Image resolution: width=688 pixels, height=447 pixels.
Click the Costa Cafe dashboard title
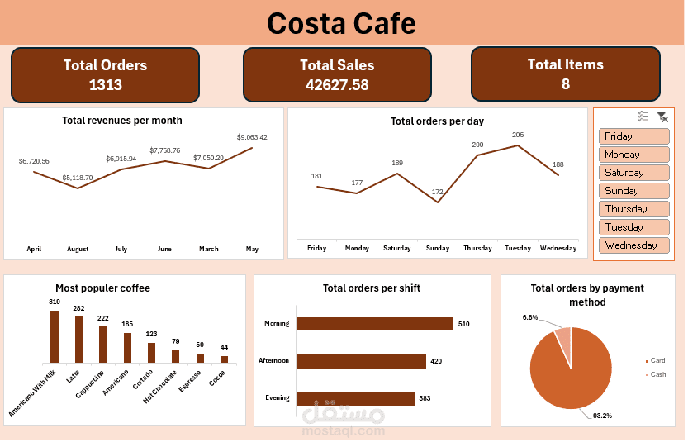click(342, 23)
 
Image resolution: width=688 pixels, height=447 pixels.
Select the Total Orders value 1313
click(105, 84)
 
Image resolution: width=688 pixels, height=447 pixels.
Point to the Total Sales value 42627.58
click(337, 84)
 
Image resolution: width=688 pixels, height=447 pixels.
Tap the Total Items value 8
click(565, 83)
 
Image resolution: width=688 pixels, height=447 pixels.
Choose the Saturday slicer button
click(633, 173)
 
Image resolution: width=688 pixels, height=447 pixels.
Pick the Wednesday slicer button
click(633, 245)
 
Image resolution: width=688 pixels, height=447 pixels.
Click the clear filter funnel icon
click(662, 117)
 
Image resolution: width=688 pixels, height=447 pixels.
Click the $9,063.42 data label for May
click(252, 137)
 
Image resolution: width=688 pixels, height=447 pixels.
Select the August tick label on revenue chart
click(78, 248)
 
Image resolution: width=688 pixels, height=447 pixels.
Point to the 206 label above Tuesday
click(518, 135)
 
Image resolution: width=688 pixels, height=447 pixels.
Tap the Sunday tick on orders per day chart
click(438, 248)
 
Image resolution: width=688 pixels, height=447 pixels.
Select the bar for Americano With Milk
click(55, 336)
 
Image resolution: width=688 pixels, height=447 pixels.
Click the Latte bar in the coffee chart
click(79, 340)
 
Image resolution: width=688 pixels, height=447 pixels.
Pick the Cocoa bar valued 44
click(224, 359)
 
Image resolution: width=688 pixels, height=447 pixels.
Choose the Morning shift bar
click(374, 324)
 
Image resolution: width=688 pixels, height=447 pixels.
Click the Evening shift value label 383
click(425, 398)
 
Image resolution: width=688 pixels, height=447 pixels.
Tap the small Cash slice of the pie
click(563, 339)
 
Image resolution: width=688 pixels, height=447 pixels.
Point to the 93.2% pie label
click(603, 416)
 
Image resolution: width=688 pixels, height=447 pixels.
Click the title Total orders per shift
click(372, 288)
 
